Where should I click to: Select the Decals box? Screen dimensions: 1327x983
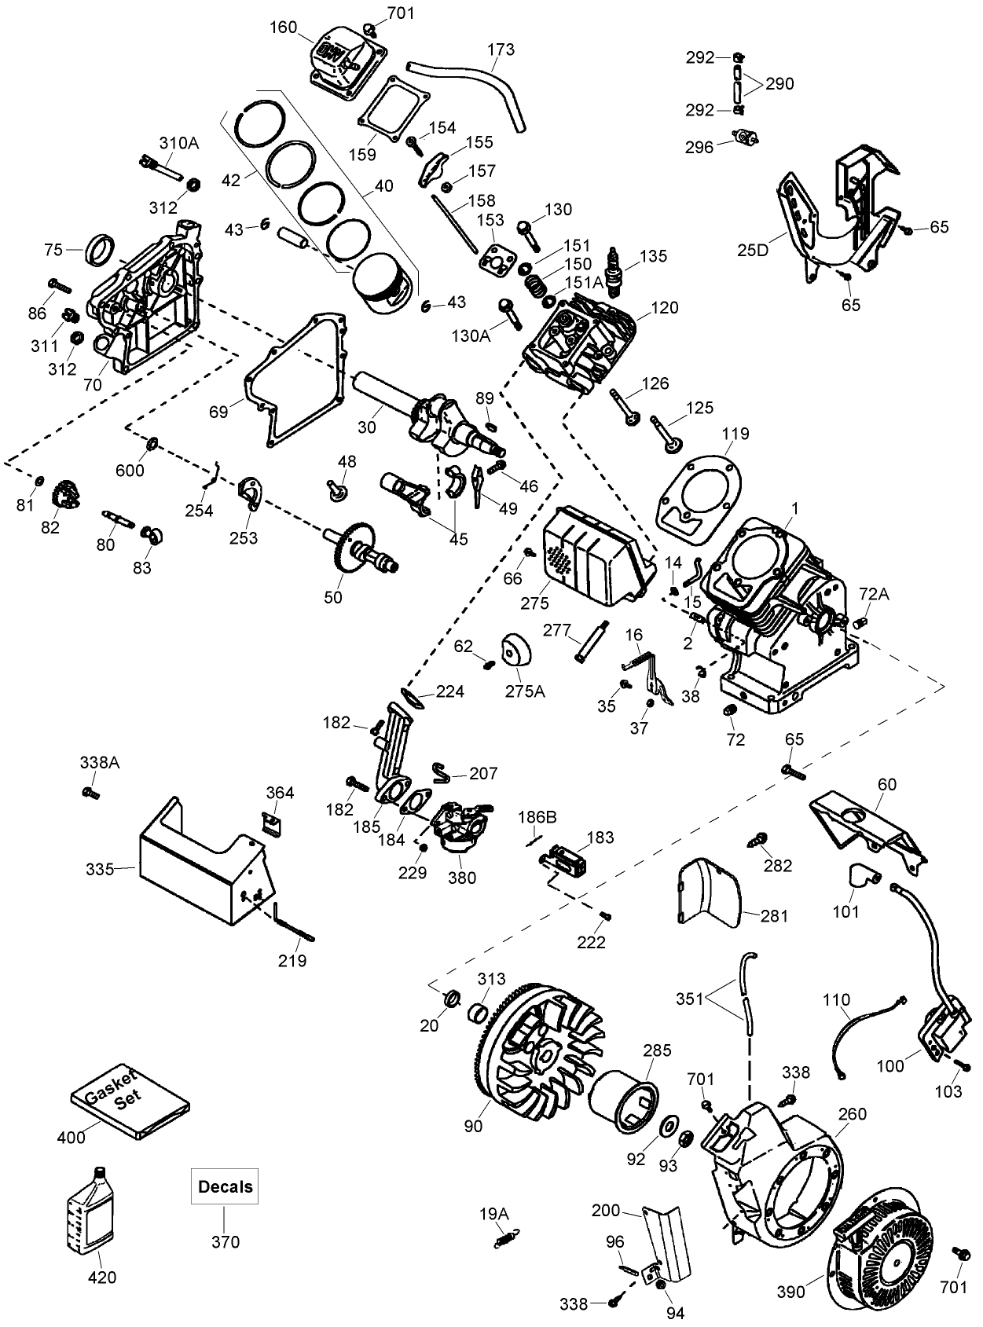226,1186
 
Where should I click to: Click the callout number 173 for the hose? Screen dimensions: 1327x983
501,50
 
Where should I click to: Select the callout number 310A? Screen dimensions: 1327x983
178,143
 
